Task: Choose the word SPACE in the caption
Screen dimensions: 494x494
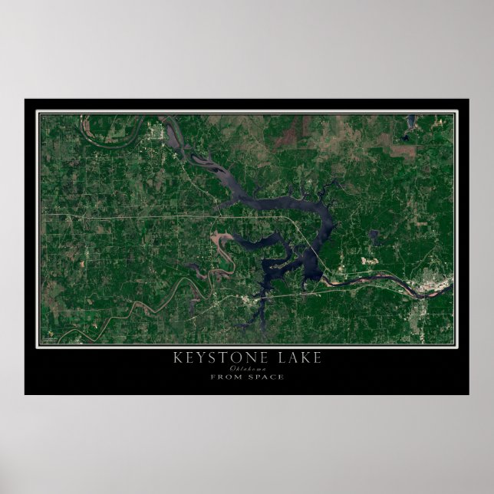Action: tap(267, 377)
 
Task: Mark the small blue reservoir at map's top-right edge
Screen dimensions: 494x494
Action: tap(411, 121)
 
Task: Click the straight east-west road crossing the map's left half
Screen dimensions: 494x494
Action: tap(138, 218)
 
